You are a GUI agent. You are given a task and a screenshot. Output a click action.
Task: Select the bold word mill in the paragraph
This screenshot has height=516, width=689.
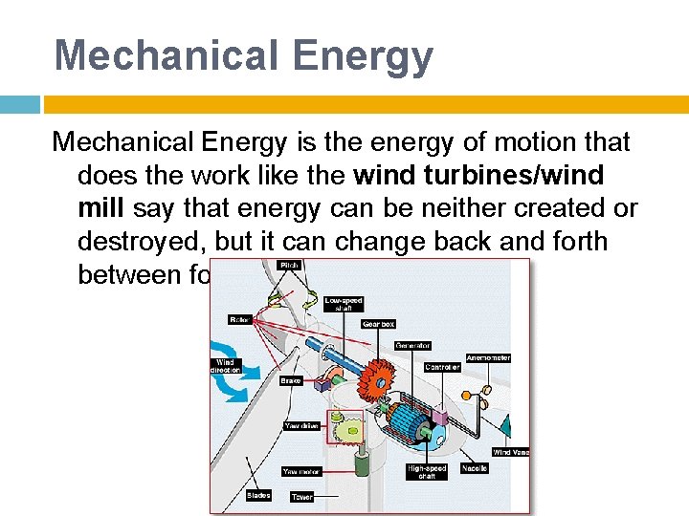pos(102,208)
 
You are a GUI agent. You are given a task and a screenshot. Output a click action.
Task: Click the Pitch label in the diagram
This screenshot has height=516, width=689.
pos(288,265)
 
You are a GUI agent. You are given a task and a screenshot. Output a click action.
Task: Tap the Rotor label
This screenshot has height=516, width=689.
pos(238,319)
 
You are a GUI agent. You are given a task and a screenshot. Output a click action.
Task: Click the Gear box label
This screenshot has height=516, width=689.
pos(378,324)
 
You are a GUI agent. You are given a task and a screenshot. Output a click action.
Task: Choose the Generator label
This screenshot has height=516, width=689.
pos(412,345)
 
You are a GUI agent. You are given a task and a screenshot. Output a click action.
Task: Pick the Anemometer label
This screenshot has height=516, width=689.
pos(487,358)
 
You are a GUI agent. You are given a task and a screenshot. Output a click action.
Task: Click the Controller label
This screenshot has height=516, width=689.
pos(442,367)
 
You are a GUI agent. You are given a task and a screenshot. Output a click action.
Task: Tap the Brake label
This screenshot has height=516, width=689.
pos(291,380)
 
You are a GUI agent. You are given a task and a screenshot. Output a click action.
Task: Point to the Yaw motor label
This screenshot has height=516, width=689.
pos(301,471)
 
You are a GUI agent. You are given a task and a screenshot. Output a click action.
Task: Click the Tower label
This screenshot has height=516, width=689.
pos(302,497)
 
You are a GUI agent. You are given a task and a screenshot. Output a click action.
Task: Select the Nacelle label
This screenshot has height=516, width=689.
pos(475,468)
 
